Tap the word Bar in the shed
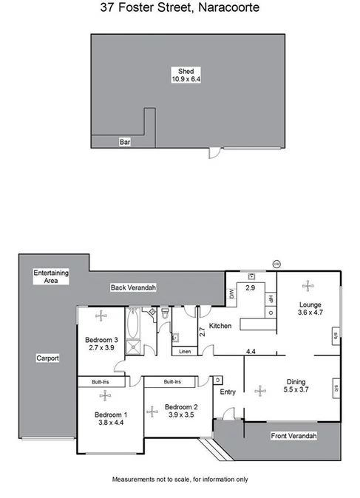point(125,143)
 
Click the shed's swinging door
point(214,154)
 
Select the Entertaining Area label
point(51,276)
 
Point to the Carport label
point(47,358)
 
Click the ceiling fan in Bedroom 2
point(152,411)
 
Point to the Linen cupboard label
point(185,352)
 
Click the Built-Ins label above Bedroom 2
point(171,381)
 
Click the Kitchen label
point(220,326)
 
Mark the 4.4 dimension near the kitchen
point(251,351)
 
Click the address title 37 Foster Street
point(180,9)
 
